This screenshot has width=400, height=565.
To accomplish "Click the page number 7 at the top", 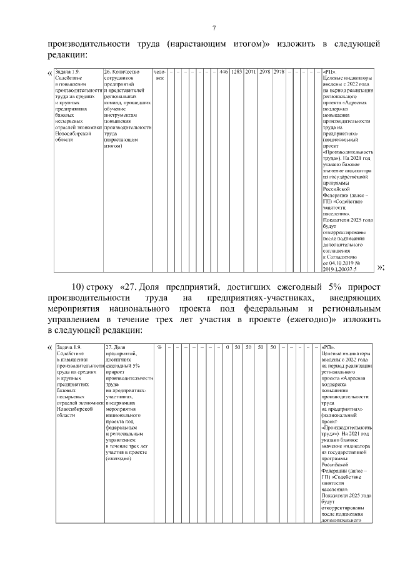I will [x=214, y=27].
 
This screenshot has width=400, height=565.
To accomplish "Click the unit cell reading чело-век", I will [x=160, y=75].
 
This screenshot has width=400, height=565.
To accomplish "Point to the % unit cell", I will [x=160, y=346].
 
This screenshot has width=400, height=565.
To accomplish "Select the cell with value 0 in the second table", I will [x=227, y=346].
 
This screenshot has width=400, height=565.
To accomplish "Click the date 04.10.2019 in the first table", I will [x=347, y=263].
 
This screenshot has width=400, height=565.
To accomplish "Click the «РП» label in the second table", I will [x=329, y=346].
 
